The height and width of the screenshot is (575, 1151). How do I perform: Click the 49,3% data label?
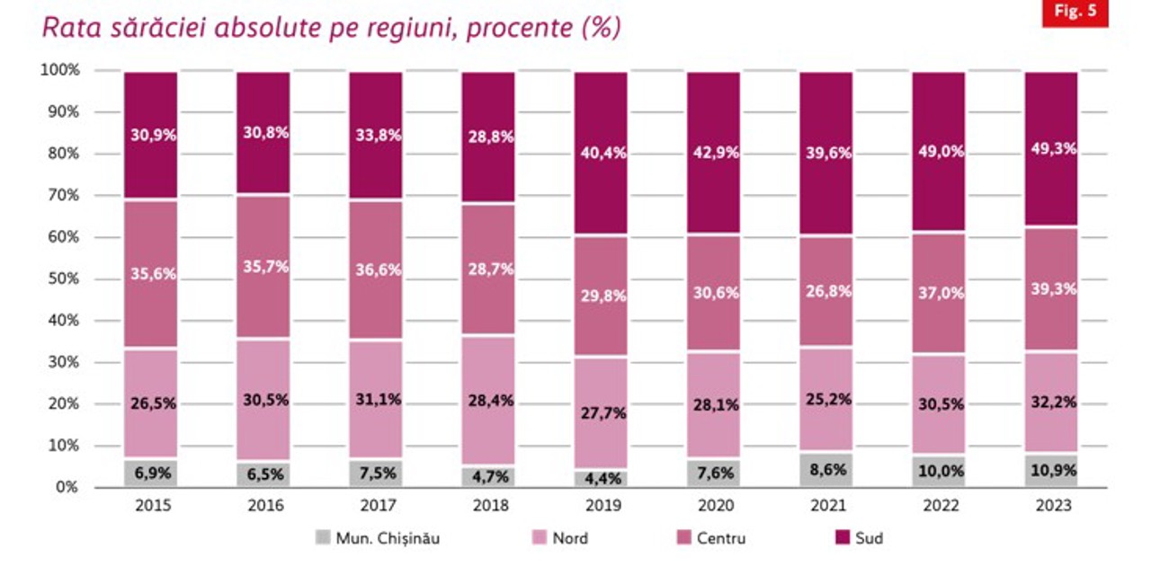(x=1052, y=149)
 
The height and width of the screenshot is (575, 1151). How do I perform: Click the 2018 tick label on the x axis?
(x=488, y=506)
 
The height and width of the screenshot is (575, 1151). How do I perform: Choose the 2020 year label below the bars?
(x=714, y=506)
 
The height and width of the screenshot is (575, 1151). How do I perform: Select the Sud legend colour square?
(x=842, y=538)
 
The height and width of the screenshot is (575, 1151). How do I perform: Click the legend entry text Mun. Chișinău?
(x=388, y=539)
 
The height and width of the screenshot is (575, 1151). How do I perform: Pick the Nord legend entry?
(x=570, y=539)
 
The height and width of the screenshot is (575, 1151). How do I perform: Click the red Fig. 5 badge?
(x=1075, y=13)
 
